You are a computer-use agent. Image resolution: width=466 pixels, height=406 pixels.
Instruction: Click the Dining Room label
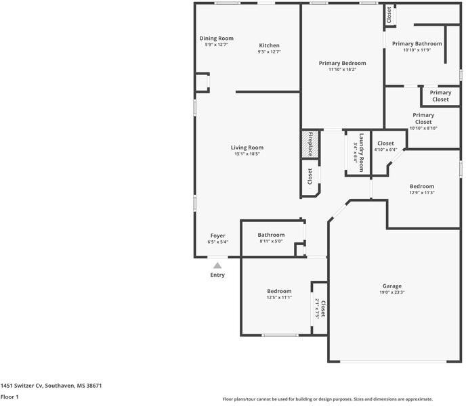pyautogui.click(x=216, y=41)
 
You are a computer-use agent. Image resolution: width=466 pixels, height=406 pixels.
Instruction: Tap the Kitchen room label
pyautogui.click(x=269, y=48)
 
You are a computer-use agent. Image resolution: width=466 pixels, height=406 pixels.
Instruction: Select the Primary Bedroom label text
pyautogui.click(x=342, y=66)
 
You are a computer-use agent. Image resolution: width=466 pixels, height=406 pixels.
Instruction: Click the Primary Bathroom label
pyautogui.click(x=417, y=47)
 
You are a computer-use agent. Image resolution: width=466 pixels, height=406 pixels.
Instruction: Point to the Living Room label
pyautogui.click(x=247, y=150)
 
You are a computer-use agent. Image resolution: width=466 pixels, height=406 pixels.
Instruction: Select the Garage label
pyautogui.click(x=391, y=289)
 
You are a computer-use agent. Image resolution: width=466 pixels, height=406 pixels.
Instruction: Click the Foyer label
pyautogui.click(x=217, y=238)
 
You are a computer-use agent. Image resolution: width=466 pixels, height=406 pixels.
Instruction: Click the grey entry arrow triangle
pyautogui.click(x=217, y=266)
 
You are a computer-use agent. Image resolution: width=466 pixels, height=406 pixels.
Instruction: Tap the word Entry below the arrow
pyautogui.click(x=217, y=275)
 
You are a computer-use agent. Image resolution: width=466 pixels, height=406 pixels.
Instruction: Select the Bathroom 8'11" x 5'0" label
pyautogui.click(x=271, y=238)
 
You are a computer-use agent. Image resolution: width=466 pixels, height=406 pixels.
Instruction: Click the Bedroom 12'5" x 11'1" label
pyautogui.click(x=279, y=294)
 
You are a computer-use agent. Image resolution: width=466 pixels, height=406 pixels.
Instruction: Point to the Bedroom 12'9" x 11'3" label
pyautogui.click(x=421, y=189)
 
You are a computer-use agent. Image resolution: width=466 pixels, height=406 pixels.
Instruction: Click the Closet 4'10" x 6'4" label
pyautogui.click(x=385, y=146)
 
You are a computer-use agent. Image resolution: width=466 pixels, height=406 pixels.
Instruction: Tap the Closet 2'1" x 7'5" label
pyautogui.click(x=320, y=309)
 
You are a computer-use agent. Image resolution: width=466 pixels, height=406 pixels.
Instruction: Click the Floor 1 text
pyautogui.click(x=9, y=397)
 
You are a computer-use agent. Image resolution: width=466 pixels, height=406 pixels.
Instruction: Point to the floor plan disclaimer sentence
pyautogui.click(x=328, y=399)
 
